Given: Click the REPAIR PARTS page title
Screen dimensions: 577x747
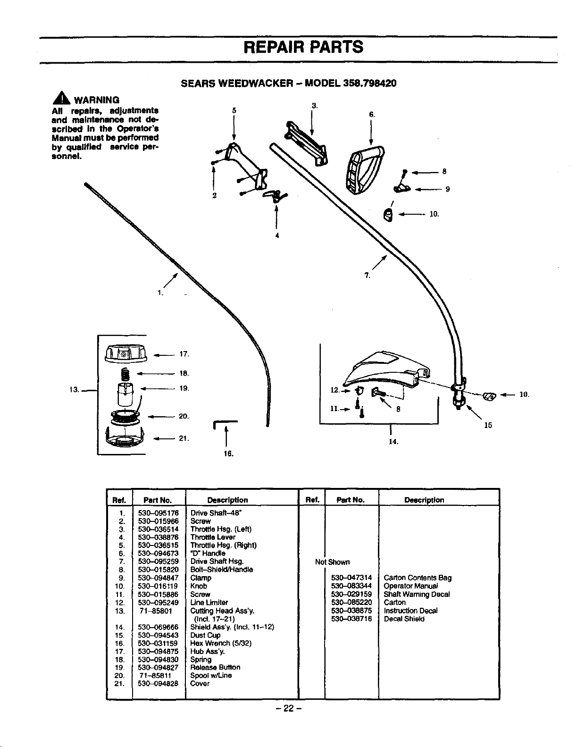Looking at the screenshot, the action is [303, 47].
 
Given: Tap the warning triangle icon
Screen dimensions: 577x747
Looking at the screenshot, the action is [61, 98].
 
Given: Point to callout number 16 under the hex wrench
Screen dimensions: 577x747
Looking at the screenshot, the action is [228, 454].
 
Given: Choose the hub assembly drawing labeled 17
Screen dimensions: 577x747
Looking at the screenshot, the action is [126, 354].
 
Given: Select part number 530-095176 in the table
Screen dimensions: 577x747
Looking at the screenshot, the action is [158, 513].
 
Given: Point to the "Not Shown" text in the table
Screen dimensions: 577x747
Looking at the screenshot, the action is [332, 562].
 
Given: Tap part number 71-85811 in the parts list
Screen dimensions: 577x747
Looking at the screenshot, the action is [155, 675].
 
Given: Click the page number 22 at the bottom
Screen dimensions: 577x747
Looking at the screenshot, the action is [288, 708].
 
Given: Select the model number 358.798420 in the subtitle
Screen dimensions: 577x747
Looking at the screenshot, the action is [369, 83].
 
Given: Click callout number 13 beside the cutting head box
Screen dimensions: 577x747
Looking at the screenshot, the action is [74, 390].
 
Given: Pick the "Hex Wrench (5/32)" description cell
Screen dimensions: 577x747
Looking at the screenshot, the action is [221, 643].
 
